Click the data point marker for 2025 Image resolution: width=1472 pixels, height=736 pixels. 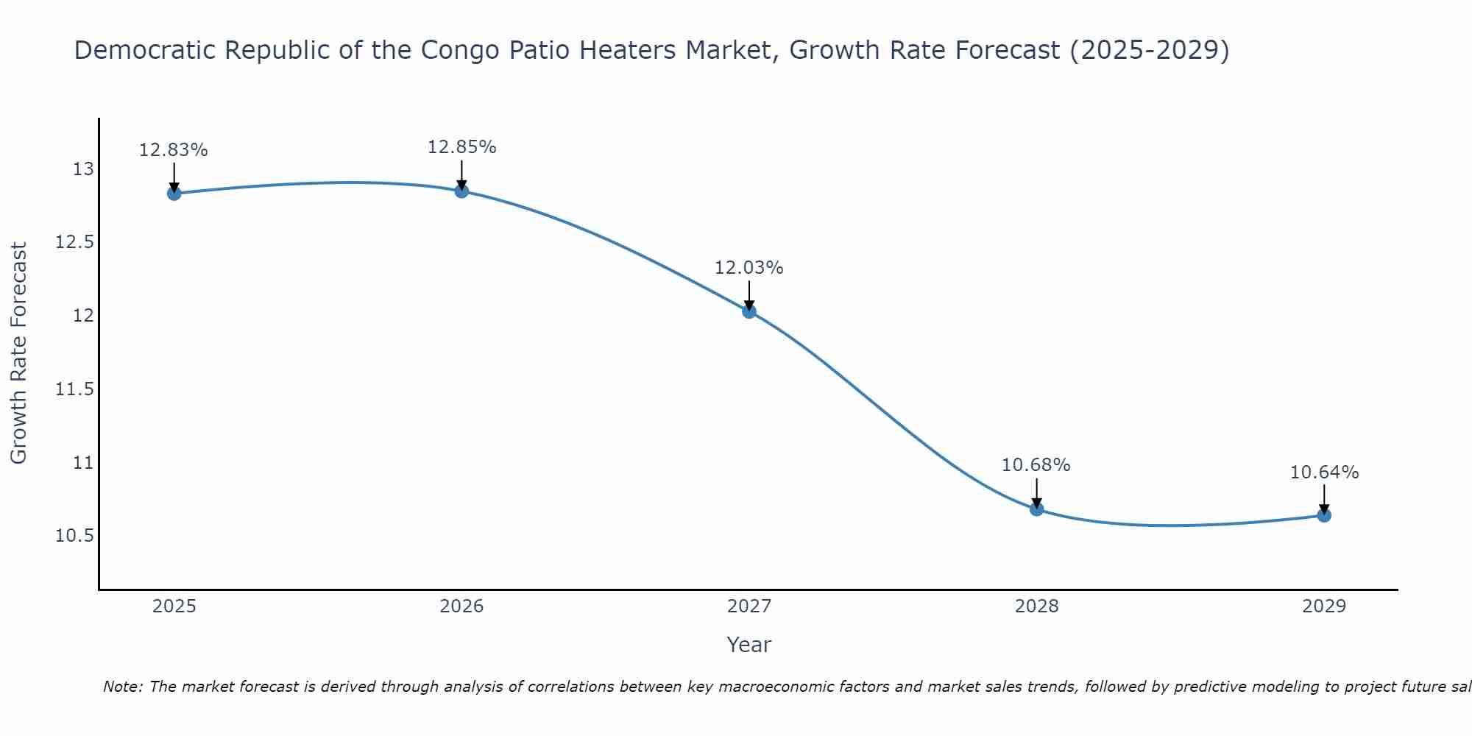pyautogui.click(x=174, y=194)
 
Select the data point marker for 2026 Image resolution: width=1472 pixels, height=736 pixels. pyautogui.click(x=461, y=191)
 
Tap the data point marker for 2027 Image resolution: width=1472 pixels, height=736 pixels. pyautogui.click(x=749, y=311)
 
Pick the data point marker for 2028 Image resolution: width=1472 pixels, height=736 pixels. pyautogui.click(x=1036, y=509)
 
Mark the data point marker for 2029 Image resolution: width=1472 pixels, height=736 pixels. pyautogui.click(x=1324, y=515)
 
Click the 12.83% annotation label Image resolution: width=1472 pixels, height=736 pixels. pyautogui.click(x=174, y=150)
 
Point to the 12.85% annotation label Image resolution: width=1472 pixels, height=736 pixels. pyautogui.click(x=461, y=147)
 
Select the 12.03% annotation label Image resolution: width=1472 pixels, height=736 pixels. pyautogui.click(x=749, y=268)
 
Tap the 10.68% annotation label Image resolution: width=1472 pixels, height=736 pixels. pyautogui.click(x=1036, y=465)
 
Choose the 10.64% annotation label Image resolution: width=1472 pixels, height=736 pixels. pyautogui.click(x=1324, y=473)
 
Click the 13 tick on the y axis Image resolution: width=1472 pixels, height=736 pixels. pyautogui.click(x=83, y=169)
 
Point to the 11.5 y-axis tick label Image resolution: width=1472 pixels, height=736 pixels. pyautogui.click(x=75, y=389)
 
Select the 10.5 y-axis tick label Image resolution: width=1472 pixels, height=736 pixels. pyautogui.click(x=75, y=535)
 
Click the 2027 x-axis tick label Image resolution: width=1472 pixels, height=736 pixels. pyautogui.click(x=749, y=606)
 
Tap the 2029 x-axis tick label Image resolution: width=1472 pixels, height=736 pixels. pyautogui.click(x=1324, y=606)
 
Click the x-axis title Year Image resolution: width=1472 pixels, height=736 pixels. pyautogui.click(x=749, y=645)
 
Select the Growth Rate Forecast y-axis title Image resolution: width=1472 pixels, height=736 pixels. pyautogui.click(x=19, y=353)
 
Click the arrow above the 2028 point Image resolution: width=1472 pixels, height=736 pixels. pyautogui.click(x=1036, y=492)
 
